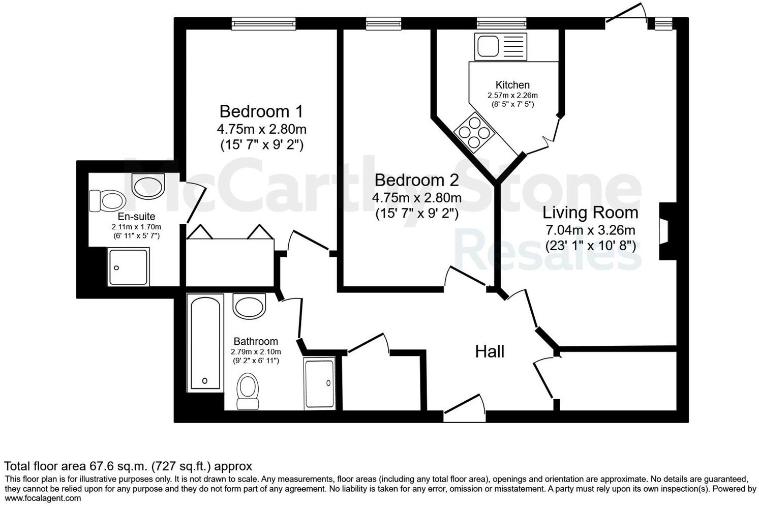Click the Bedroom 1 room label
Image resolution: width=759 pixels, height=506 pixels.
point(261,111)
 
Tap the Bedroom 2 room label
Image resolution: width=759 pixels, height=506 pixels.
point(416,180)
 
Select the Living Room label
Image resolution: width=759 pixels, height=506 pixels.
point(590,212)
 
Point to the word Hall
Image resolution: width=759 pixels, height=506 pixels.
point(490,351)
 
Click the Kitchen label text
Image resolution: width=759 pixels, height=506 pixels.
point(512,85)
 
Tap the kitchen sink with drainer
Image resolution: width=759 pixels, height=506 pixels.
point(501,46)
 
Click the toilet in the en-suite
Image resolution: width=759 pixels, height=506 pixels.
point(107,200)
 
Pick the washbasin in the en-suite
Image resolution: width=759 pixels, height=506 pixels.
point(148,186)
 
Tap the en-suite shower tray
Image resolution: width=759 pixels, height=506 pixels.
point(129,267)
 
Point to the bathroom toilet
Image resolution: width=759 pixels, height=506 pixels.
point(248,391)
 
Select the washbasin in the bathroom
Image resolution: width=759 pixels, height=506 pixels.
point(249,305)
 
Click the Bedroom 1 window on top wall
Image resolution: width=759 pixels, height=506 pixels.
point(263,23)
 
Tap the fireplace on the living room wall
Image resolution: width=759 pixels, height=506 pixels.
point(666,231)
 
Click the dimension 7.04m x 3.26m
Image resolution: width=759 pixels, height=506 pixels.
point(590,230)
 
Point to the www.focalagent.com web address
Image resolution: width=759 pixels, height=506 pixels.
point(43,498)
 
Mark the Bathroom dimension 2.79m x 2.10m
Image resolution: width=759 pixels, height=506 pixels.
point(256,351)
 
